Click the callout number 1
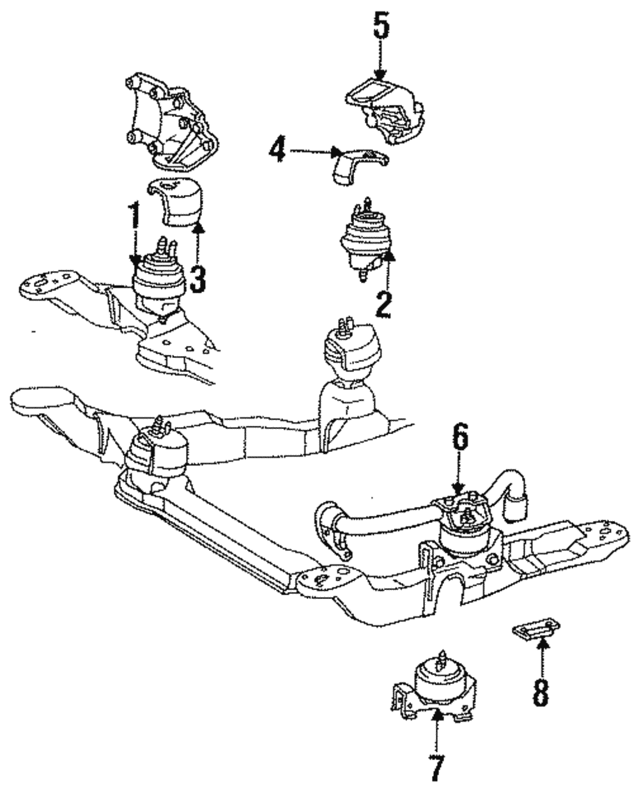click(x=135, y=218)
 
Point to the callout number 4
click(x=275, y=152)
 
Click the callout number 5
click(x=381, y=26)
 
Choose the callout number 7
click(x=436, y=768)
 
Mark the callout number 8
click(x=541, y=693)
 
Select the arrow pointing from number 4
click(x=313, y=152)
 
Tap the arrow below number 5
click(x=381, y=64)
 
